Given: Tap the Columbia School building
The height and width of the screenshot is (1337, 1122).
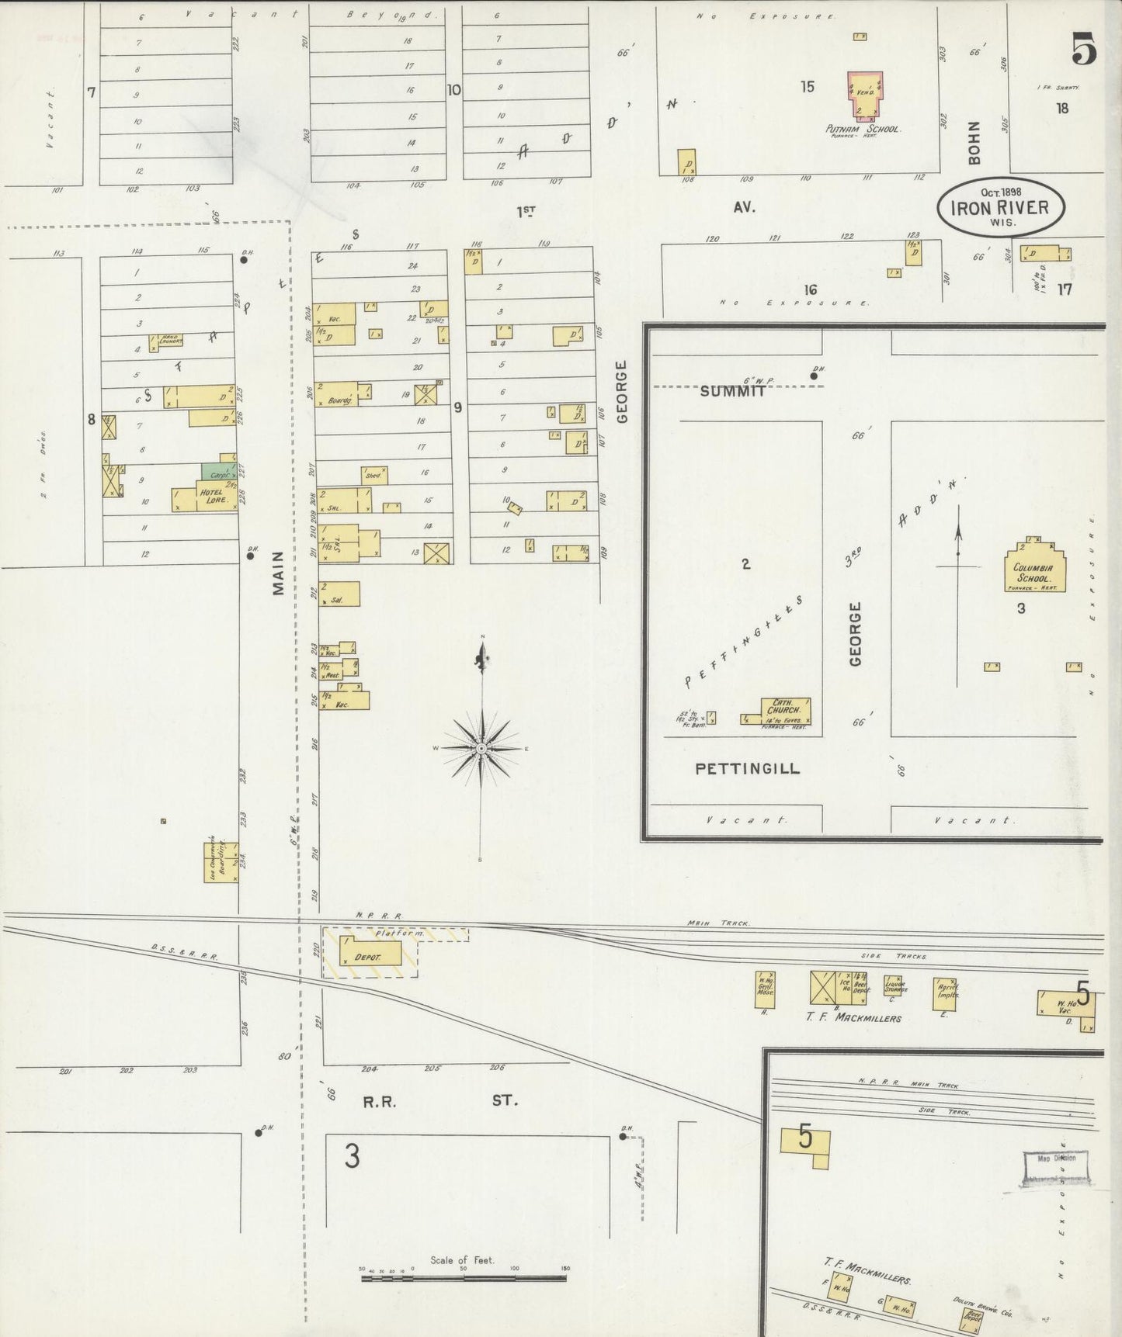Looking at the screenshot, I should [1033, 567].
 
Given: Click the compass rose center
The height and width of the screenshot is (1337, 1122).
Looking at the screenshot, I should [481, 748].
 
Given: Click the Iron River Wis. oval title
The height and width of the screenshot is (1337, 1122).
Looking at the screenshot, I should [1000, 206].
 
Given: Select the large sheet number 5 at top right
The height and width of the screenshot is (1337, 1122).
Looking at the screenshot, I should [1084, 50].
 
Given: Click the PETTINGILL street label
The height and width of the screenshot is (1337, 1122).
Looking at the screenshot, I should [746, 769].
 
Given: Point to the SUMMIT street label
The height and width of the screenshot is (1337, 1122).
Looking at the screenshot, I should [732, 392].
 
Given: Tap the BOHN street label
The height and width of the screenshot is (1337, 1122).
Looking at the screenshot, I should [974, 143].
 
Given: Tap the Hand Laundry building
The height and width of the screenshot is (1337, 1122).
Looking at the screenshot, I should [167, 341].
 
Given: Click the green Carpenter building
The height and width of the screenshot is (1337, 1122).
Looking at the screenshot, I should [217, 471].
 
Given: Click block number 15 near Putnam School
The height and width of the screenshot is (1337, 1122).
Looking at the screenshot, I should [808, 87].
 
